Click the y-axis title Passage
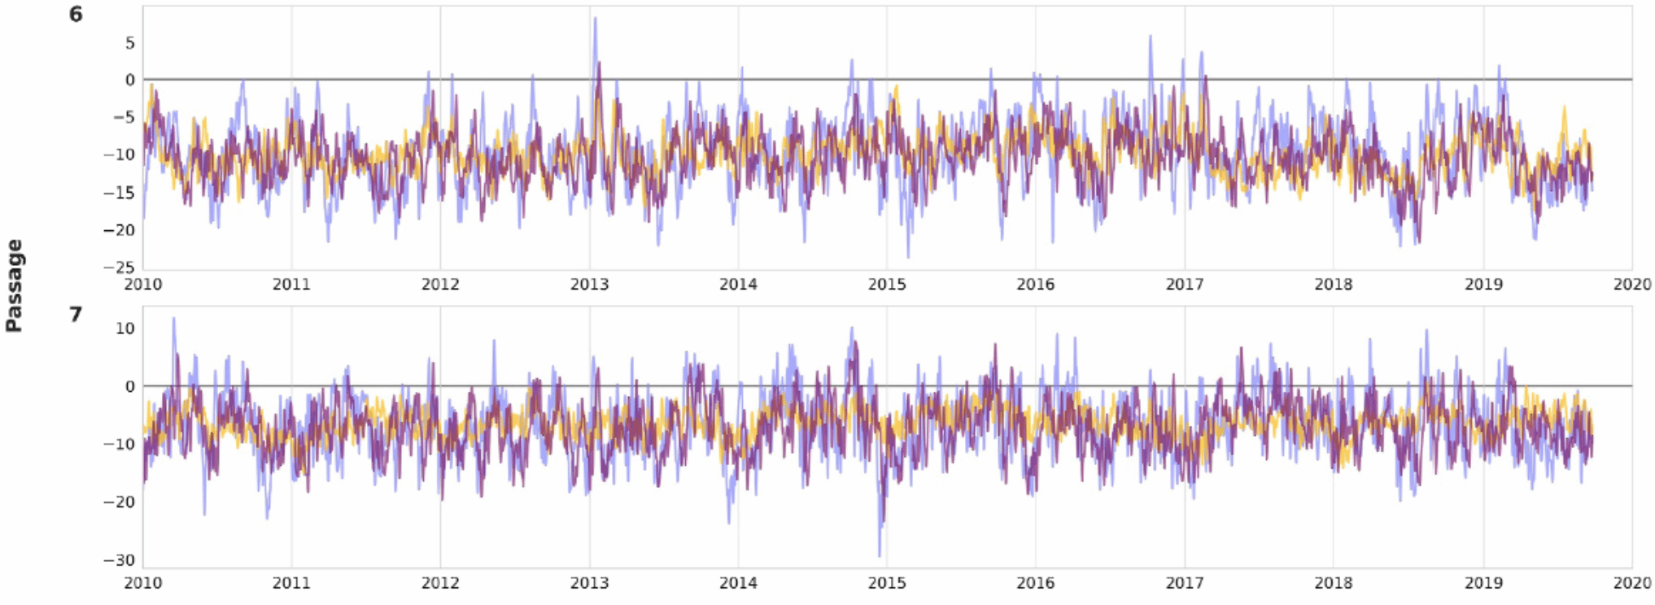[14, 285]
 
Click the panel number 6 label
[76, 15]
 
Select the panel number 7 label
[76, 314]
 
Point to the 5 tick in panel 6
[129, 43]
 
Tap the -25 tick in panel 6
[119, 268]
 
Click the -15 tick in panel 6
[119, 193]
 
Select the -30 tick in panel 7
[119, 560]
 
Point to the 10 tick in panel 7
[124, 329]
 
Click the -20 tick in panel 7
[119, 503]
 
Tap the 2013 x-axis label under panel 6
[589, 285]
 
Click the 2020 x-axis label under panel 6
[1632, 285]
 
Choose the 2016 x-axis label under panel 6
[1035, 285]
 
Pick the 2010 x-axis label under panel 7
[142, 583]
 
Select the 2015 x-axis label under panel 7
[887, 583]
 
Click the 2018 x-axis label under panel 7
[1334, 583]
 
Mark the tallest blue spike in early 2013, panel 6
[595, 19]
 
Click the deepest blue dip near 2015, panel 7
[880, 555]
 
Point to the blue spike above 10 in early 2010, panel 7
[173, 319]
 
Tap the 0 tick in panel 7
[129, 386]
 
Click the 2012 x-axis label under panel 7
[440, 583]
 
